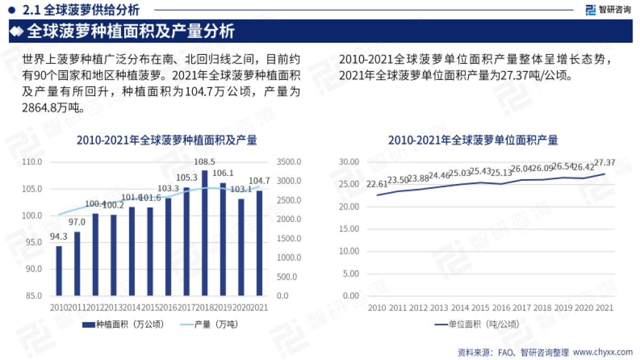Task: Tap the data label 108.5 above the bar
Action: point(204,162)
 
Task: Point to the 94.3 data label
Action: point(59,237)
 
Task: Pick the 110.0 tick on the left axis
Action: point(33,162)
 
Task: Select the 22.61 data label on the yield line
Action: point(377,185)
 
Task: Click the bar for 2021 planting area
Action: point(259,243)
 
